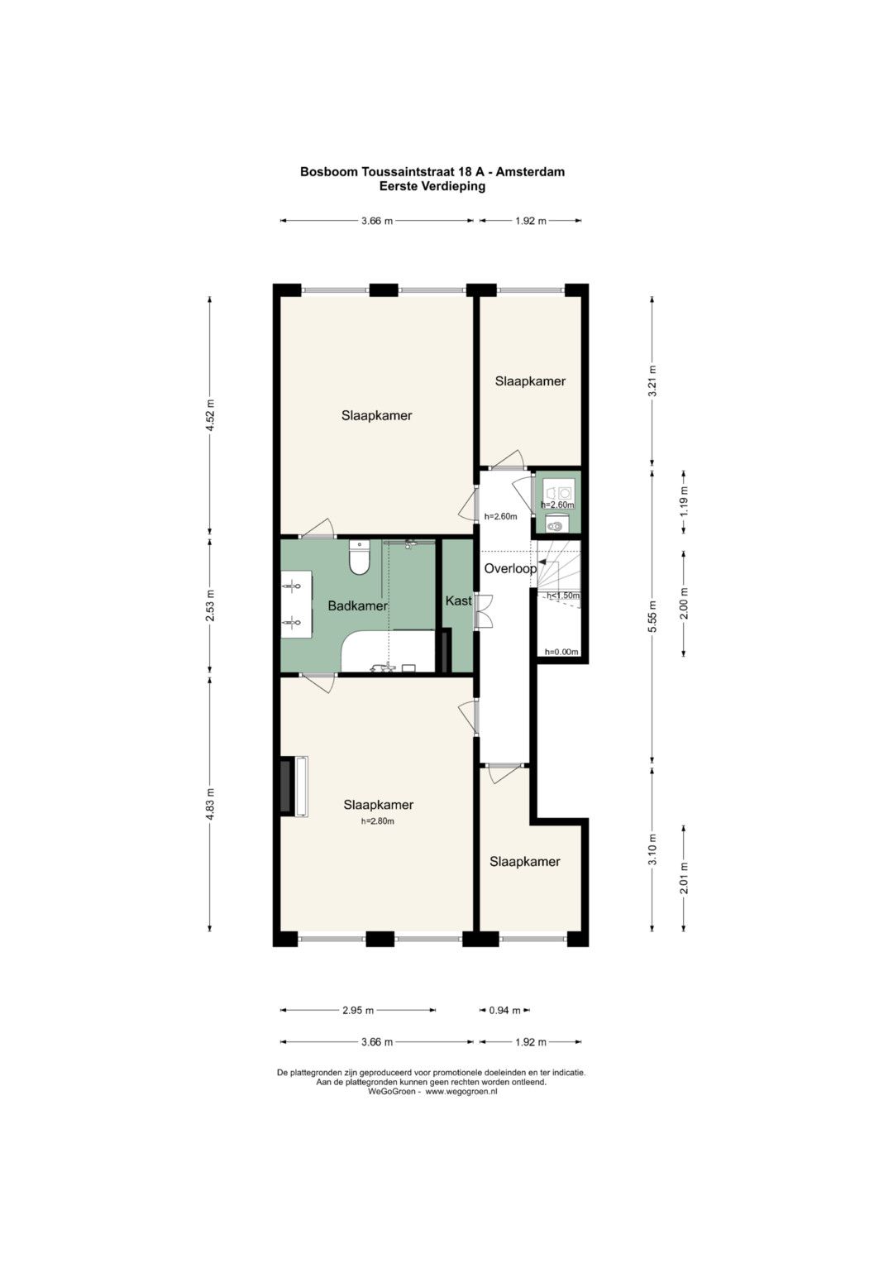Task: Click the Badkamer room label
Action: click(x=357, y=606)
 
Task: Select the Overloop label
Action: click(x=510, y=569)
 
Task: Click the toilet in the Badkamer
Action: click(x=359, y=557)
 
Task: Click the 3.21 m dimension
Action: click(x=652, y=381)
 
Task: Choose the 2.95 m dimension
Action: click(x=358, y=1011)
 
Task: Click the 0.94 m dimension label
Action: click(x=504, y=1011)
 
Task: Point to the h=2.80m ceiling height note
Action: click(x=378, y=821)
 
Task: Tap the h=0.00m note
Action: click(x=561, y=653)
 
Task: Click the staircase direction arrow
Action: click(x=542, y=562)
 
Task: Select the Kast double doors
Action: click(x=484, y=611)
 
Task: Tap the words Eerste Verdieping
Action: click(x=432, y=187)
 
